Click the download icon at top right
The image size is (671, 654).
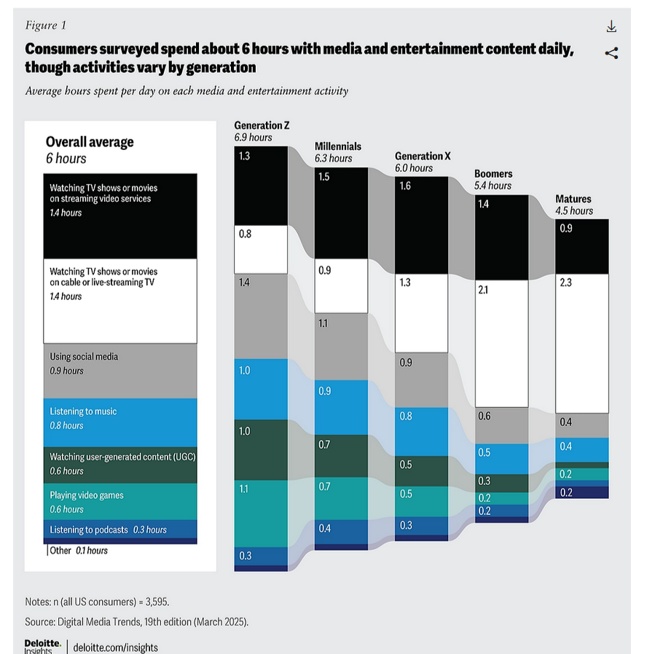(x=611, y=26)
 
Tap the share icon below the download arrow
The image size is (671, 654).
(x=611, y=53)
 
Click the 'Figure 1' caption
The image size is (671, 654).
(x=46, y=25)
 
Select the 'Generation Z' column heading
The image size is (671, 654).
(x=262, y=125)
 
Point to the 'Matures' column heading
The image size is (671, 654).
(x=573, y=199)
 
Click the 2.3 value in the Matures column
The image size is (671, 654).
(x=566, y=283)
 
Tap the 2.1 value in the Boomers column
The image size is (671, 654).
(x=483, y=290)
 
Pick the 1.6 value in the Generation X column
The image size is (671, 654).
(x=405, y=186)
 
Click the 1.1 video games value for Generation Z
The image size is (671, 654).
(x=243, y=489)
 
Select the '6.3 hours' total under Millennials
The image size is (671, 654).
(x=334, y=158)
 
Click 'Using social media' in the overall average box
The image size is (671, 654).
(x=84, y=357)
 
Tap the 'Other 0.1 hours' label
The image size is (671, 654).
(x=79, y=551)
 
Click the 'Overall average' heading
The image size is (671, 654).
(x=90, y=141)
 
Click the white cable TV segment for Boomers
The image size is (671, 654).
(x=501, y=344)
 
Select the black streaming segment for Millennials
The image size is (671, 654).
(x=341, y=213)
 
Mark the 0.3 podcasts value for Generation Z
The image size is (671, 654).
(x=246, y=556)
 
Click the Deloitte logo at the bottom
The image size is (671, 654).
(x=43, y=646)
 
